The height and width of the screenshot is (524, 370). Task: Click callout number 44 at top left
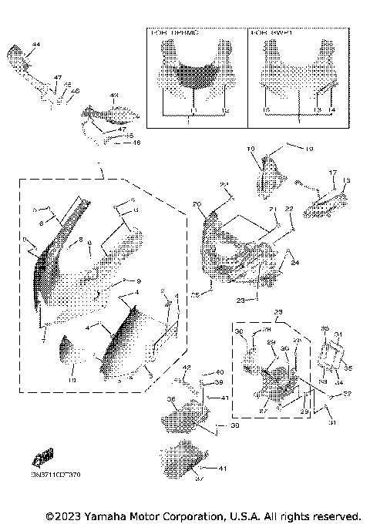click(x=35, y=46)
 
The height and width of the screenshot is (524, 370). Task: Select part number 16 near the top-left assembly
click(x=137, y=143)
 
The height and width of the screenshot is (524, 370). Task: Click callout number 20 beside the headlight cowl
click(x=196, y=204)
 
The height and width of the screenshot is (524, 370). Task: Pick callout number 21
click(x=272, y=210)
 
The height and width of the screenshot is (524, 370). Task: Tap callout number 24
click(x=294, y=263)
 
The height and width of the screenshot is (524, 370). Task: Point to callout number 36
click(x=171, y=399)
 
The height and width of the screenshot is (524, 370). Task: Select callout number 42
click(x=186, y=368)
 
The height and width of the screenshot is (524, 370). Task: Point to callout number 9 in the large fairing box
click(x=140, y=280)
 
